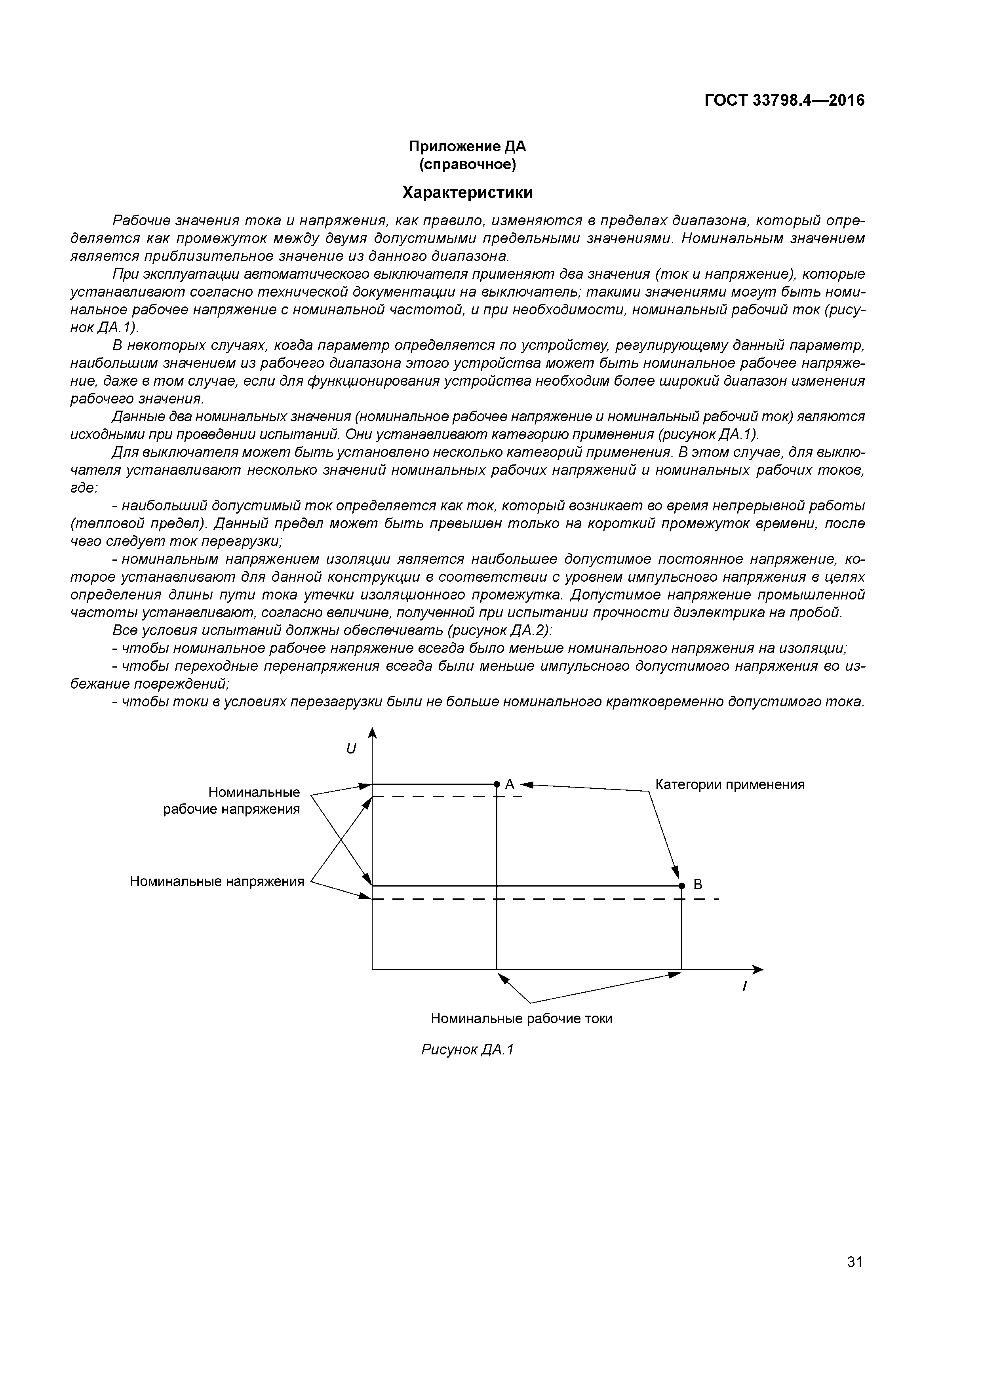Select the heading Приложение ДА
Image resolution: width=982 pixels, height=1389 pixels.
(467, 147)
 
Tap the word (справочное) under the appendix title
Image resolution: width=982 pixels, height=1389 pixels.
(467, 165)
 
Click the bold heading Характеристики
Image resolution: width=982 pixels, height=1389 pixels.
(467, 193)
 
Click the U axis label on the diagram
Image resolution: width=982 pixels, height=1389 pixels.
(351, 749)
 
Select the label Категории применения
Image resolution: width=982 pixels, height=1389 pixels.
(730, 785)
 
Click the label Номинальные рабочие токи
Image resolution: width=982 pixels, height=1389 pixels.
(521, 1019)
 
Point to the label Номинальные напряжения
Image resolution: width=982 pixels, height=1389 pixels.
(217, 881)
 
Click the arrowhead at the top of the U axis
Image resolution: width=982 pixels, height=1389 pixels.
(373, 733)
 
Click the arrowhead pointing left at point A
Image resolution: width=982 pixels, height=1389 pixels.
(526, 785)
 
